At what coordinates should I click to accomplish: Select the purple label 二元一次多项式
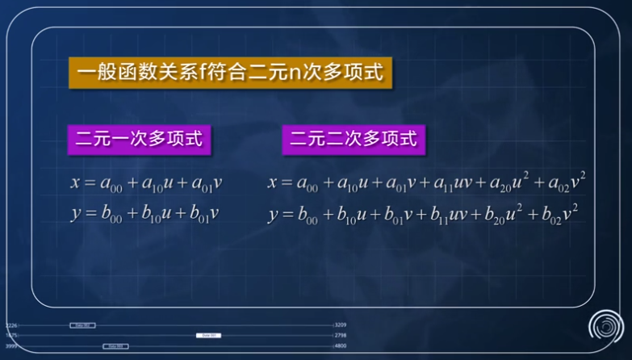point(138,139)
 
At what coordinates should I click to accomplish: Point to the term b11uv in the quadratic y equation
point(449,216)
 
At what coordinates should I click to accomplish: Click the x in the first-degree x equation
point(75,183)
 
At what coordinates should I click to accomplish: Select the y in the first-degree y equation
point(75,216)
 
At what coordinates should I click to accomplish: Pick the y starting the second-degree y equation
point(273,216)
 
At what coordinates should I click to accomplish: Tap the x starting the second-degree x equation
point(273,183)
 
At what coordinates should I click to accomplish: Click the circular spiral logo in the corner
point(605,326)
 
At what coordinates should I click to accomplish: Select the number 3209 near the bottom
point(341,325)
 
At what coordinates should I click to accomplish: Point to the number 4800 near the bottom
point(341,345)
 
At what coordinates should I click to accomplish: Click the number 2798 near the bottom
point(341,335)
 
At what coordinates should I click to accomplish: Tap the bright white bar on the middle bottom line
point(208,335)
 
